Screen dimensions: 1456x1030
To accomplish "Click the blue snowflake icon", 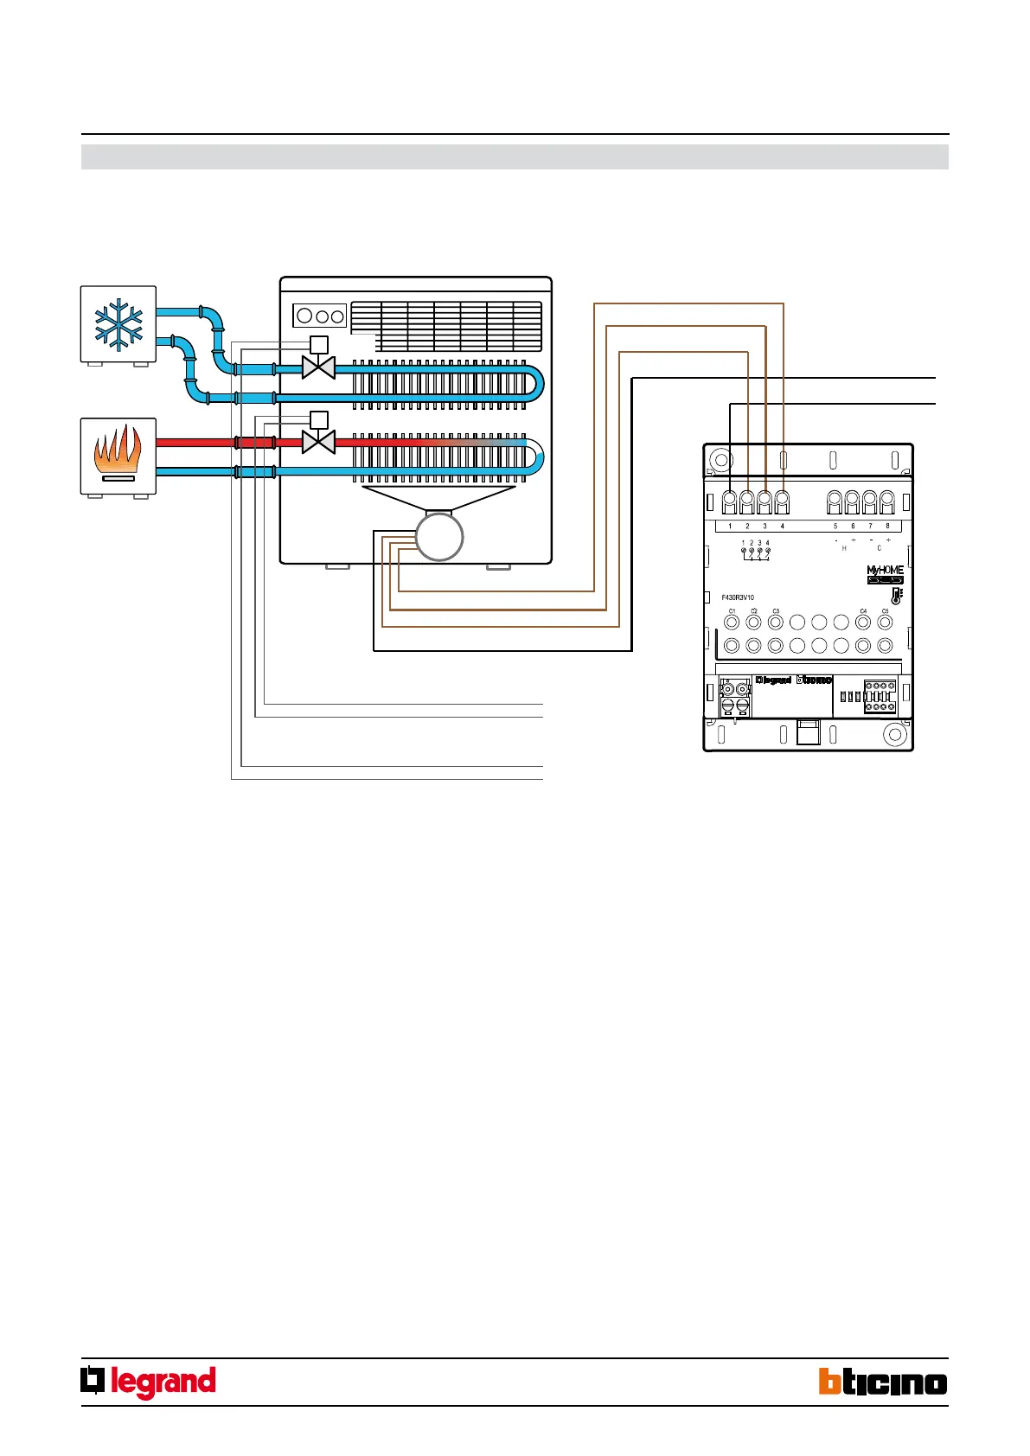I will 118,324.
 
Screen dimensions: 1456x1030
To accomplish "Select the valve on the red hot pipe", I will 318,443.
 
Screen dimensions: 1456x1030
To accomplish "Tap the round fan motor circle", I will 439,537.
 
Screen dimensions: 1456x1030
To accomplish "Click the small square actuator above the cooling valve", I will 318,344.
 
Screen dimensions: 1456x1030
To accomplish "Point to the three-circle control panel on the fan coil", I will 320,316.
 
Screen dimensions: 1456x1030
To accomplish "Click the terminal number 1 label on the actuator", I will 730,526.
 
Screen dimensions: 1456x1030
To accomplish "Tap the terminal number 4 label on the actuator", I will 783,526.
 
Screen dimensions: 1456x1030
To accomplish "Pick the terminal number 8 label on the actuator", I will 887,526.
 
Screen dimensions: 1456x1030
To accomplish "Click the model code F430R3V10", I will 738,597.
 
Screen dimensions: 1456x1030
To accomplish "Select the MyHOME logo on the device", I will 885,571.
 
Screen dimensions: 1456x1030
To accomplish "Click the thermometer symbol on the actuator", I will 897,596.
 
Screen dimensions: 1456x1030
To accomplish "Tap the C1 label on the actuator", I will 732,611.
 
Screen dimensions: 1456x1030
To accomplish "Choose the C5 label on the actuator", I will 885,611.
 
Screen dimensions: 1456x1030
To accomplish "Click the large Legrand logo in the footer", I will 149,1382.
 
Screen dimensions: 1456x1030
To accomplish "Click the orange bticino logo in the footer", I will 883,1382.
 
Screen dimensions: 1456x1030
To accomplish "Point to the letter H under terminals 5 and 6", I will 844,548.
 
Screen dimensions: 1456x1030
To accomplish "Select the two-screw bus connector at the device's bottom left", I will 734,697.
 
